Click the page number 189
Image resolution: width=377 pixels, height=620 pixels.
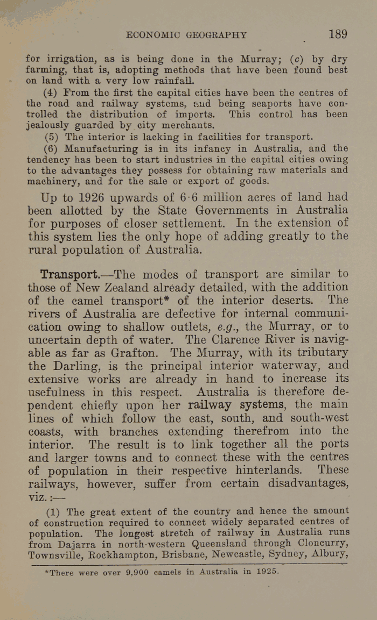pos(337,34)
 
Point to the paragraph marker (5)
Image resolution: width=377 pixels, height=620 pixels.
pos(52,137)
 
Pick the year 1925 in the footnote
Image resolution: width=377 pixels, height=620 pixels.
pos(266,572)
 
